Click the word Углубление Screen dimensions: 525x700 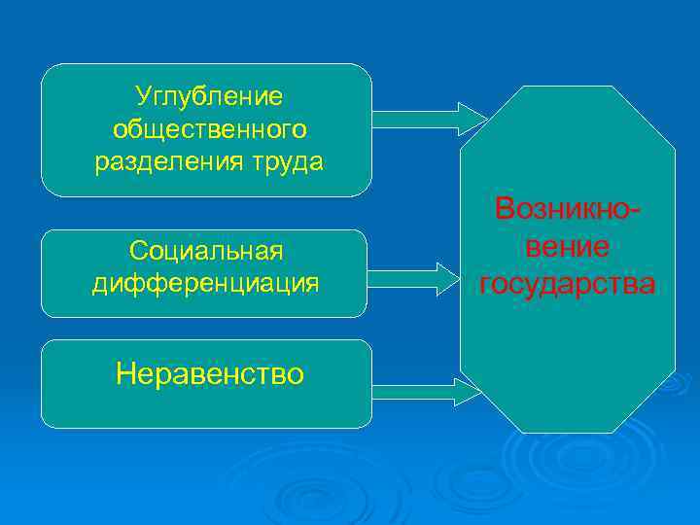click(x=209, y=96)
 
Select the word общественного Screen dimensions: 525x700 click(x=209, y=129)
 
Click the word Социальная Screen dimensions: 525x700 click(x=206, y=251)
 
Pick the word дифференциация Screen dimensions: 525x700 click(x=206, y=283)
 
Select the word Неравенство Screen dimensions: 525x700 click(x=209, y=373)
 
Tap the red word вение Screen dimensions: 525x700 click(x=568, y=247)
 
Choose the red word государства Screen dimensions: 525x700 click(x=568, y=284)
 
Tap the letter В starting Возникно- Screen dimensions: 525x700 click(x=504, y=209)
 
